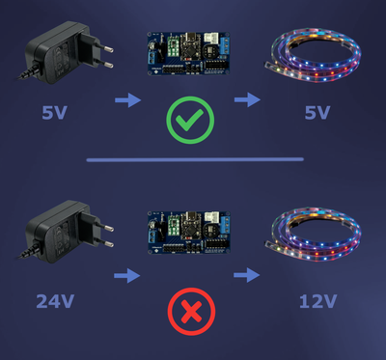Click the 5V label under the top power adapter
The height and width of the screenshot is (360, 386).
tap(55, 113)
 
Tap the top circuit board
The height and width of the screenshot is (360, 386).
tap(190, 55)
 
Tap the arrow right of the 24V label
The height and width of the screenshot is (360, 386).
tap(126, 276)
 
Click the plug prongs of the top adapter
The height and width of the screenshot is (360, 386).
tap(107, 56)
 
